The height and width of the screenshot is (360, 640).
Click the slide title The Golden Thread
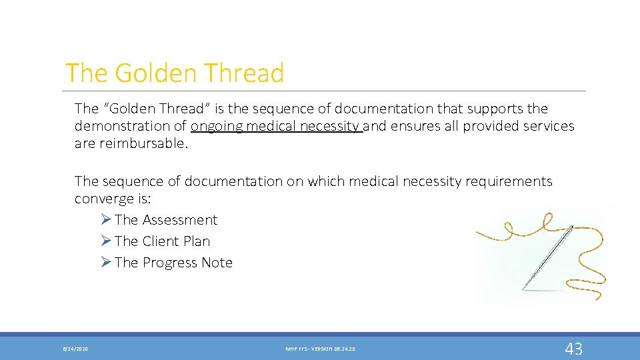pyautogui.click(x=175, y=73)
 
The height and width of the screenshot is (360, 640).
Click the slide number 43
pyautogui.click(x=573, y=348)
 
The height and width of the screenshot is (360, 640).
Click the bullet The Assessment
pyautogui.click(x=165, y=220)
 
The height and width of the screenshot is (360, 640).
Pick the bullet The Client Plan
pyautogui.click(x=162, y=241)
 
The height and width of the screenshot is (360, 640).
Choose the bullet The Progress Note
pyautogui.click(x=173, y=263)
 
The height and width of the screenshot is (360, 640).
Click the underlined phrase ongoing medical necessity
pyautogui.click(x=275, y=126)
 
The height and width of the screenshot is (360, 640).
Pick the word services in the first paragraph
pyautogui.click(x=545, y=126)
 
